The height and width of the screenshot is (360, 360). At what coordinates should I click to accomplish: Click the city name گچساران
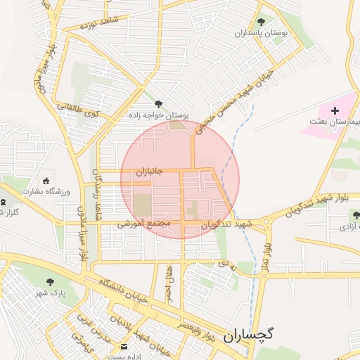pyautogui.click(x=258, y=336)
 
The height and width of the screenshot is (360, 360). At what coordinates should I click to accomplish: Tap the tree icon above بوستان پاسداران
pyautogui.click(x=262, y=22)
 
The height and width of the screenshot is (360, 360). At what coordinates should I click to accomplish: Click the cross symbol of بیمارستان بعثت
pyautogui.click(x=335, y=110)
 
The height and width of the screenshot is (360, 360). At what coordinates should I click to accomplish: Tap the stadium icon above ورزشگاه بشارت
pyautogui.click(x=47, y=180)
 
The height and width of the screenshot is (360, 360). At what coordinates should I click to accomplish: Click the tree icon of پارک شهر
pyautogui.click(x=49, y=283)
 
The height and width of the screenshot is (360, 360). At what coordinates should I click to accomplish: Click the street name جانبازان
pyautogui.click(x=149, y=171)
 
